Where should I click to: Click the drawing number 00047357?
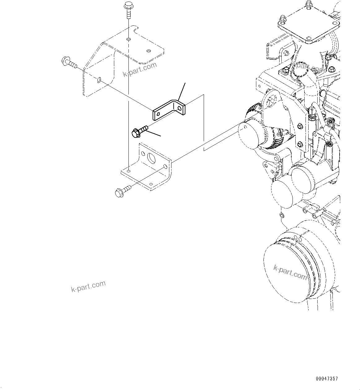327,379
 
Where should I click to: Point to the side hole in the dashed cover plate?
99,80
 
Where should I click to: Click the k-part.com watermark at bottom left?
88,286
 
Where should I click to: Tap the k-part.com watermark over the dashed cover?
140,70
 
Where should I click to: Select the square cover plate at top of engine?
308,23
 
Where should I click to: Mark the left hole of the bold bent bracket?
158,115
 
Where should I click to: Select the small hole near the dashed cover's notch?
149,50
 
